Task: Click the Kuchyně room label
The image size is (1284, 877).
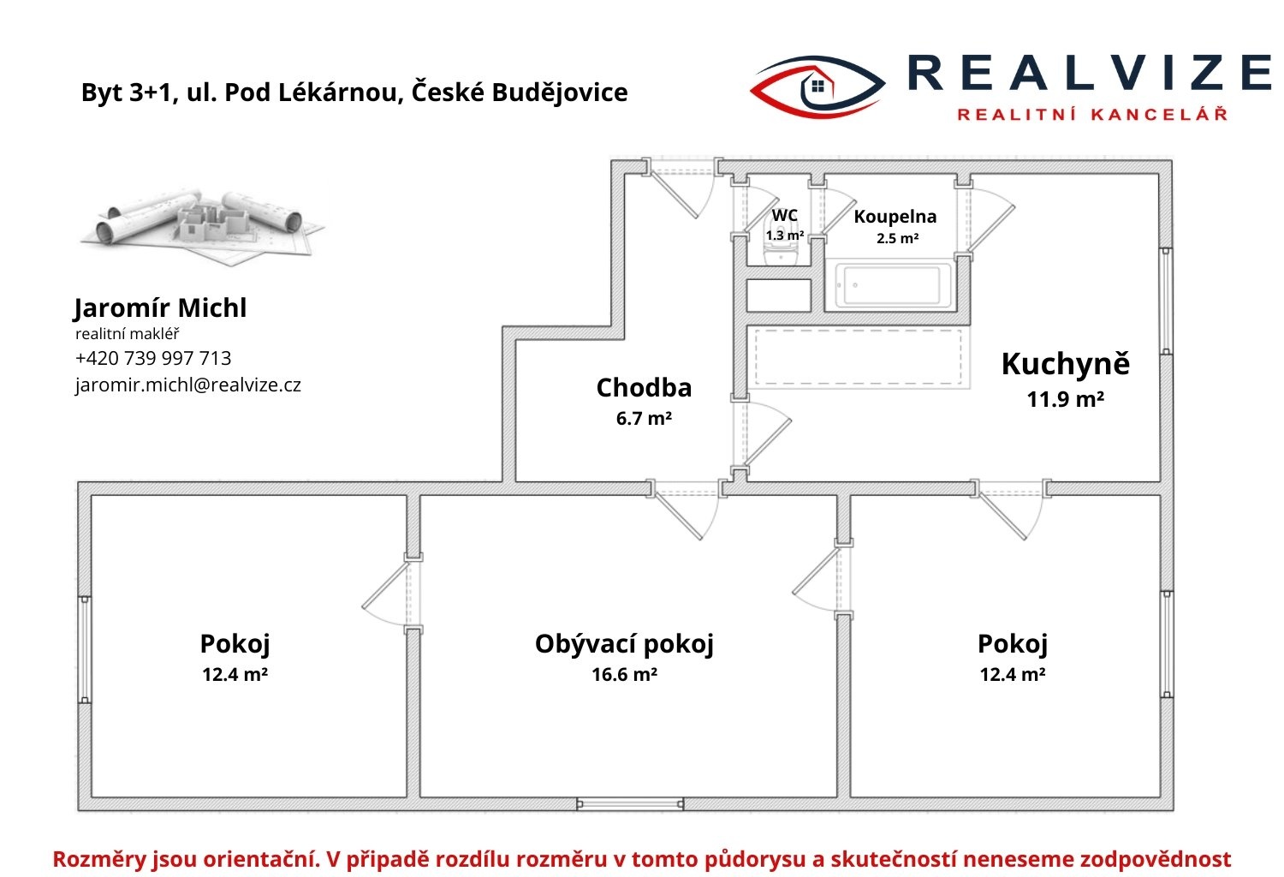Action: (x=1065, y=364)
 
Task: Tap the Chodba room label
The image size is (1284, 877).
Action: (x=644, y=388)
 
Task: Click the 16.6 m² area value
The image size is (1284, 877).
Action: (x=624, y=675)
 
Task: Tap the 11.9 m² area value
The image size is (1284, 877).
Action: (x=1065, y=399)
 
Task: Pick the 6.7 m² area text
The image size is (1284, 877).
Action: (x=644, y=419)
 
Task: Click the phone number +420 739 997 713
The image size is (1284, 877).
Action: (x=153, y=359)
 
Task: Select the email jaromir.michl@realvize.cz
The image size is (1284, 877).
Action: (x=188, y=385)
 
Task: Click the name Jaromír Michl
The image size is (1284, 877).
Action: (x=160, y=308)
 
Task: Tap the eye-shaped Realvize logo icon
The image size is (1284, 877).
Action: (x=818, y=87)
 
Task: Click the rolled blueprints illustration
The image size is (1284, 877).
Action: (x=202, y=225)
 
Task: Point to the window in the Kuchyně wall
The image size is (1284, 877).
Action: (x=1166, y=301)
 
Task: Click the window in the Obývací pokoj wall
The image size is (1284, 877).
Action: (x=630, y=804)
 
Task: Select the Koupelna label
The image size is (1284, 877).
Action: (x=895, y=217)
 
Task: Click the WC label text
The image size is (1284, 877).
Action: (x=784, y=216)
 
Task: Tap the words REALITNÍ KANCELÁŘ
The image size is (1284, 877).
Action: (x=1092, y=114)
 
